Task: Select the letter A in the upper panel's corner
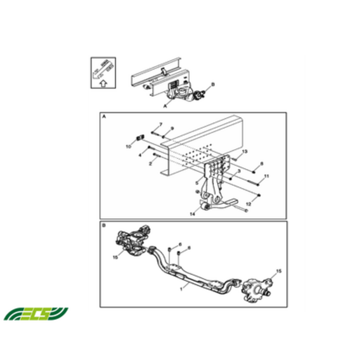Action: tap(105, 117)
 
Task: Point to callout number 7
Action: tap(161, 124)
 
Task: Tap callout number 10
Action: tap(128, 147)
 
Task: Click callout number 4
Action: tap(140, 155)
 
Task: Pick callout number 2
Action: tap(150, 164)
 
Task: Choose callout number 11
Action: tap(267, 175)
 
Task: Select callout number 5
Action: tap(197, 182)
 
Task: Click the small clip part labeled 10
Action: tap(139, 137)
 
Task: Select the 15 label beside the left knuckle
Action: tap(116, 256)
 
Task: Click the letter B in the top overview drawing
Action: tap(213, 85)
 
